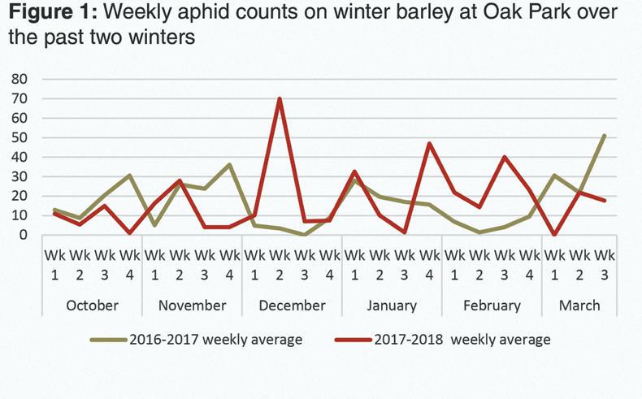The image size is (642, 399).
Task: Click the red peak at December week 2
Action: point(280,99)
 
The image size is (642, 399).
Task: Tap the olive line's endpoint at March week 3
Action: point(604,136)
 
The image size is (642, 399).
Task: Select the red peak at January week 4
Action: point(429,144)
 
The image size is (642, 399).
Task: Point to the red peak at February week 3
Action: point(505,157)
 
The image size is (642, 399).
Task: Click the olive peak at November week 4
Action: point(230,165)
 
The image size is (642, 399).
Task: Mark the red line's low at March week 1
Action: point(554,235)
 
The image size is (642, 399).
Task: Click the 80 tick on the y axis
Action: point(20,79)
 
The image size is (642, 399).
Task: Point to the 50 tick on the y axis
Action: point(20,137)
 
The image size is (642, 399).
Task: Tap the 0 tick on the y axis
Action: point(24,235)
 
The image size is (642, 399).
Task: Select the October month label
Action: point(91,306)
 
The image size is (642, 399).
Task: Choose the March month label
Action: point(579,306)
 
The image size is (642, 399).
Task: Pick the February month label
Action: point(491,306)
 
